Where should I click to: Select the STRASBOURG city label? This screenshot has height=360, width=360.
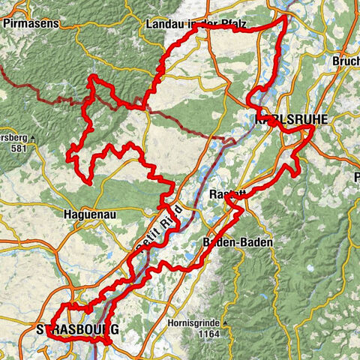[x=78, y=329]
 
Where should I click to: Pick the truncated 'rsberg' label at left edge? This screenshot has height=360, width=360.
[x=13, y=138]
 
